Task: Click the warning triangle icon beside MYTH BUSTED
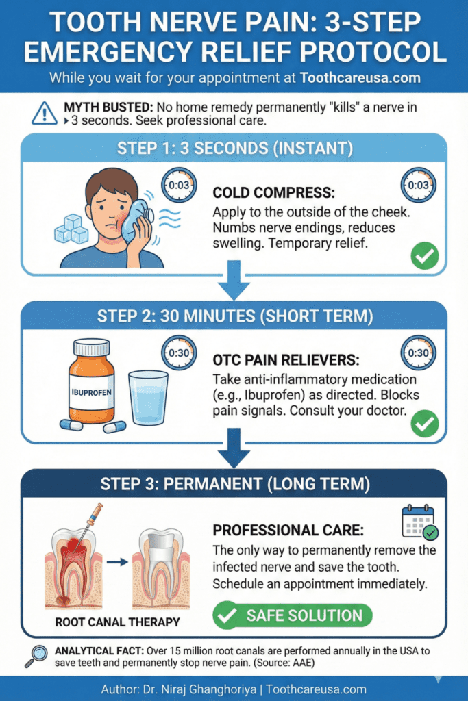[45, 112]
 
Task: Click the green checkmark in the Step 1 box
[424, 259]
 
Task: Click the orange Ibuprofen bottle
[91, 381]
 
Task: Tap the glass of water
[147, 398]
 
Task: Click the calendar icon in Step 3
[419, 522]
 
